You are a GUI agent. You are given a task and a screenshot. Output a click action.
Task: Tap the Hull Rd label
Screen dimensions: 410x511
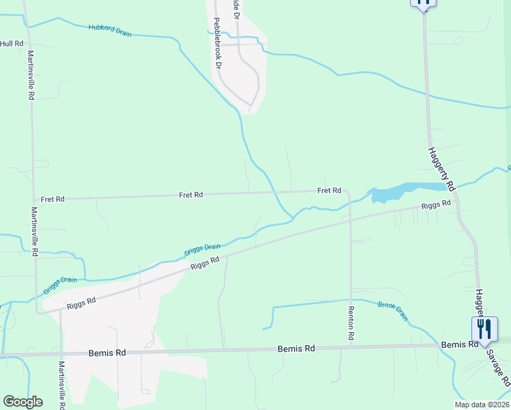click(x=12, y=44)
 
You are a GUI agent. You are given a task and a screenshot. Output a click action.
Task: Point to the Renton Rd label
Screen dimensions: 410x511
click(x=351, y=323)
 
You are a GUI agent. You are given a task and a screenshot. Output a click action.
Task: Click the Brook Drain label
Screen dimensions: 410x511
click(x=393, y=311)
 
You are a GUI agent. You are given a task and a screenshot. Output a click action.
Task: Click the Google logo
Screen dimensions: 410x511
click(x=23, y=402)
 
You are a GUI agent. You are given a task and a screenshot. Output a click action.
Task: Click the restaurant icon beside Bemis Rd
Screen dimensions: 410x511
click(x=484, y=329)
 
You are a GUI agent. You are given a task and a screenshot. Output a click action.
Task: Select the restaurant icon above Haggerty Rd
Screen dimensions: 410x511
click(x=424, y=3)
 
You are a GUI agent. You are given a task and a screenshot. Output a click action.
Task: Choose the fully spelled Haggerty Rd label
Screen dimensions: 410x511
click(x=442, y=168)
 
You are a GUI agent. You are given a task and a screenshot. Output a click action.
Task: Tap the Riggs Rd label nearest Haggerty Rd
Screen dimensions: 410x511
click(x=436, y=204)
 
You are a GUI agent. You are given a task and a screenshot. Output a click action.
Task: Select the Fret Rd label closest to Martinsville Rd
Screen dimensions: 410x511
click(x=53, y=199)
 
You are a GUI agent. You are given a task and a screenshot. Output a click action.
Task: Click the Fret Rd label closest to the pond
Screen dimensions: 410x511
click(x=329, y=191)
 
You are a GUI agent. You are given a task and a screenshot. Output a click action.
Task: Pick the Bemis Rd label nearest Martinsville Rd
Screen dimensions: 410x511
click(x=107, y=353)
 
